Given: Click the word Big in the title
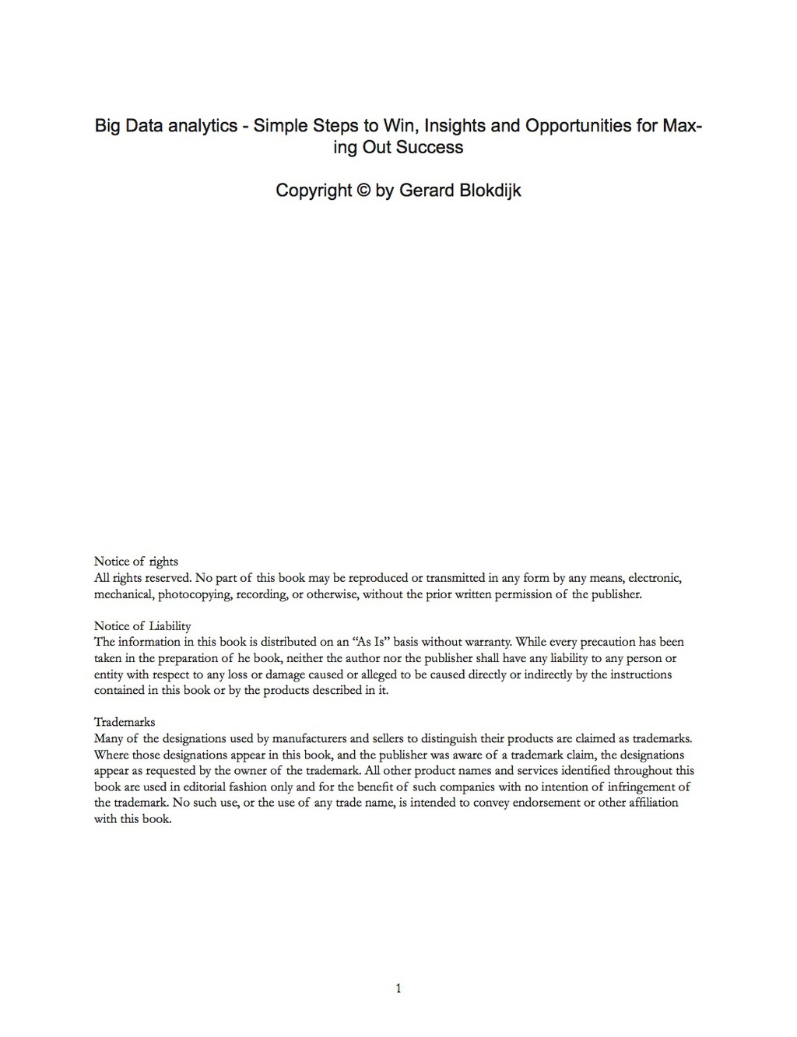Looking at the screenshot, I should pos(108,126).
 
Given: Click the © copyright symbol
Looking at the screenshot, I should pos(363,191).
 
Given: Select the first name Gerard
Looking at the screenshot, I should pos(425,191).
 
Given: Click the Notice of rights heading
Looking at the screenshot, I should pos(136,562).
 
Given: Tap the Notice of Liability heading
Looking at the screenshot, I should pos(142,626).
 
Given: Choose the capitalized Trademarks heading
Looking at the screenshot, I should pos(125,723).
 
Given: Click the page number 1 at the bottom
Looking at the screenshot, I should pos(398,989).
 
